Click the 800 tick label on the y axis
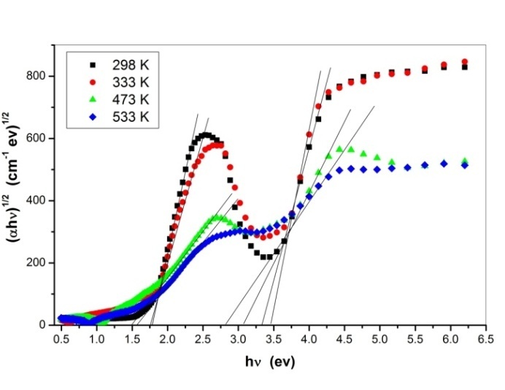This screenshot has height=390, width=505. coord(39,76)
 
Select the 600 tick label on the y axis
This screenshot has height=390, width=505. coord(39,138)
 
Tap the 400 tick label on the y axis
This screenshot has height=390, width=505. coord(39,200)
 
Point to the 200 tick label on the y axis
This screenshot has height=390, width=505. coord(39,262)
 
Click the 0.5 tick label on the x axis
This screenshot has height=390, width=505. coord(61,340)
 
